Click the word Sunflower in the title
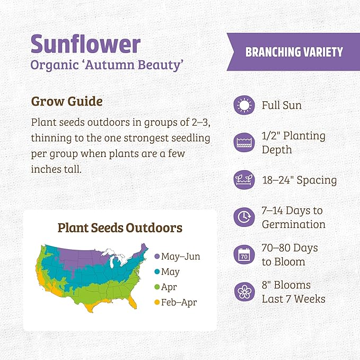point(85,44)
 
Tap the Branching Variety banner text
point(294,52)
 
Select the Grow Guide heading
point(67,101)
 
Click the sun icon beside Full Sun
point(244,106)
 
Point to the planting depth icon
point(244,142)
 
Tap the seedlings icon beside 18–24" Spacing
point(244,180)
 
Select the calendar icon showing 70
point(244,255)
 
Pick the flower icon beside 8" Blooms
point(244,292)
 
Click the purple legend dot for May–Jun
point(157,257)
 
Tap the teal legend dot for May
point(157,272)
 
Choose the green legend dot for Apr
point(157,287)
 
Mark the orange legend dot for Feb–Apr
point(157,303)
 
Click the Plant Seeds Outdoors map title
point(120,228)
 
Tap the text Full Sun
point(282,106)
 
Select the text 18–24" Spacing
point(299,180)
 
